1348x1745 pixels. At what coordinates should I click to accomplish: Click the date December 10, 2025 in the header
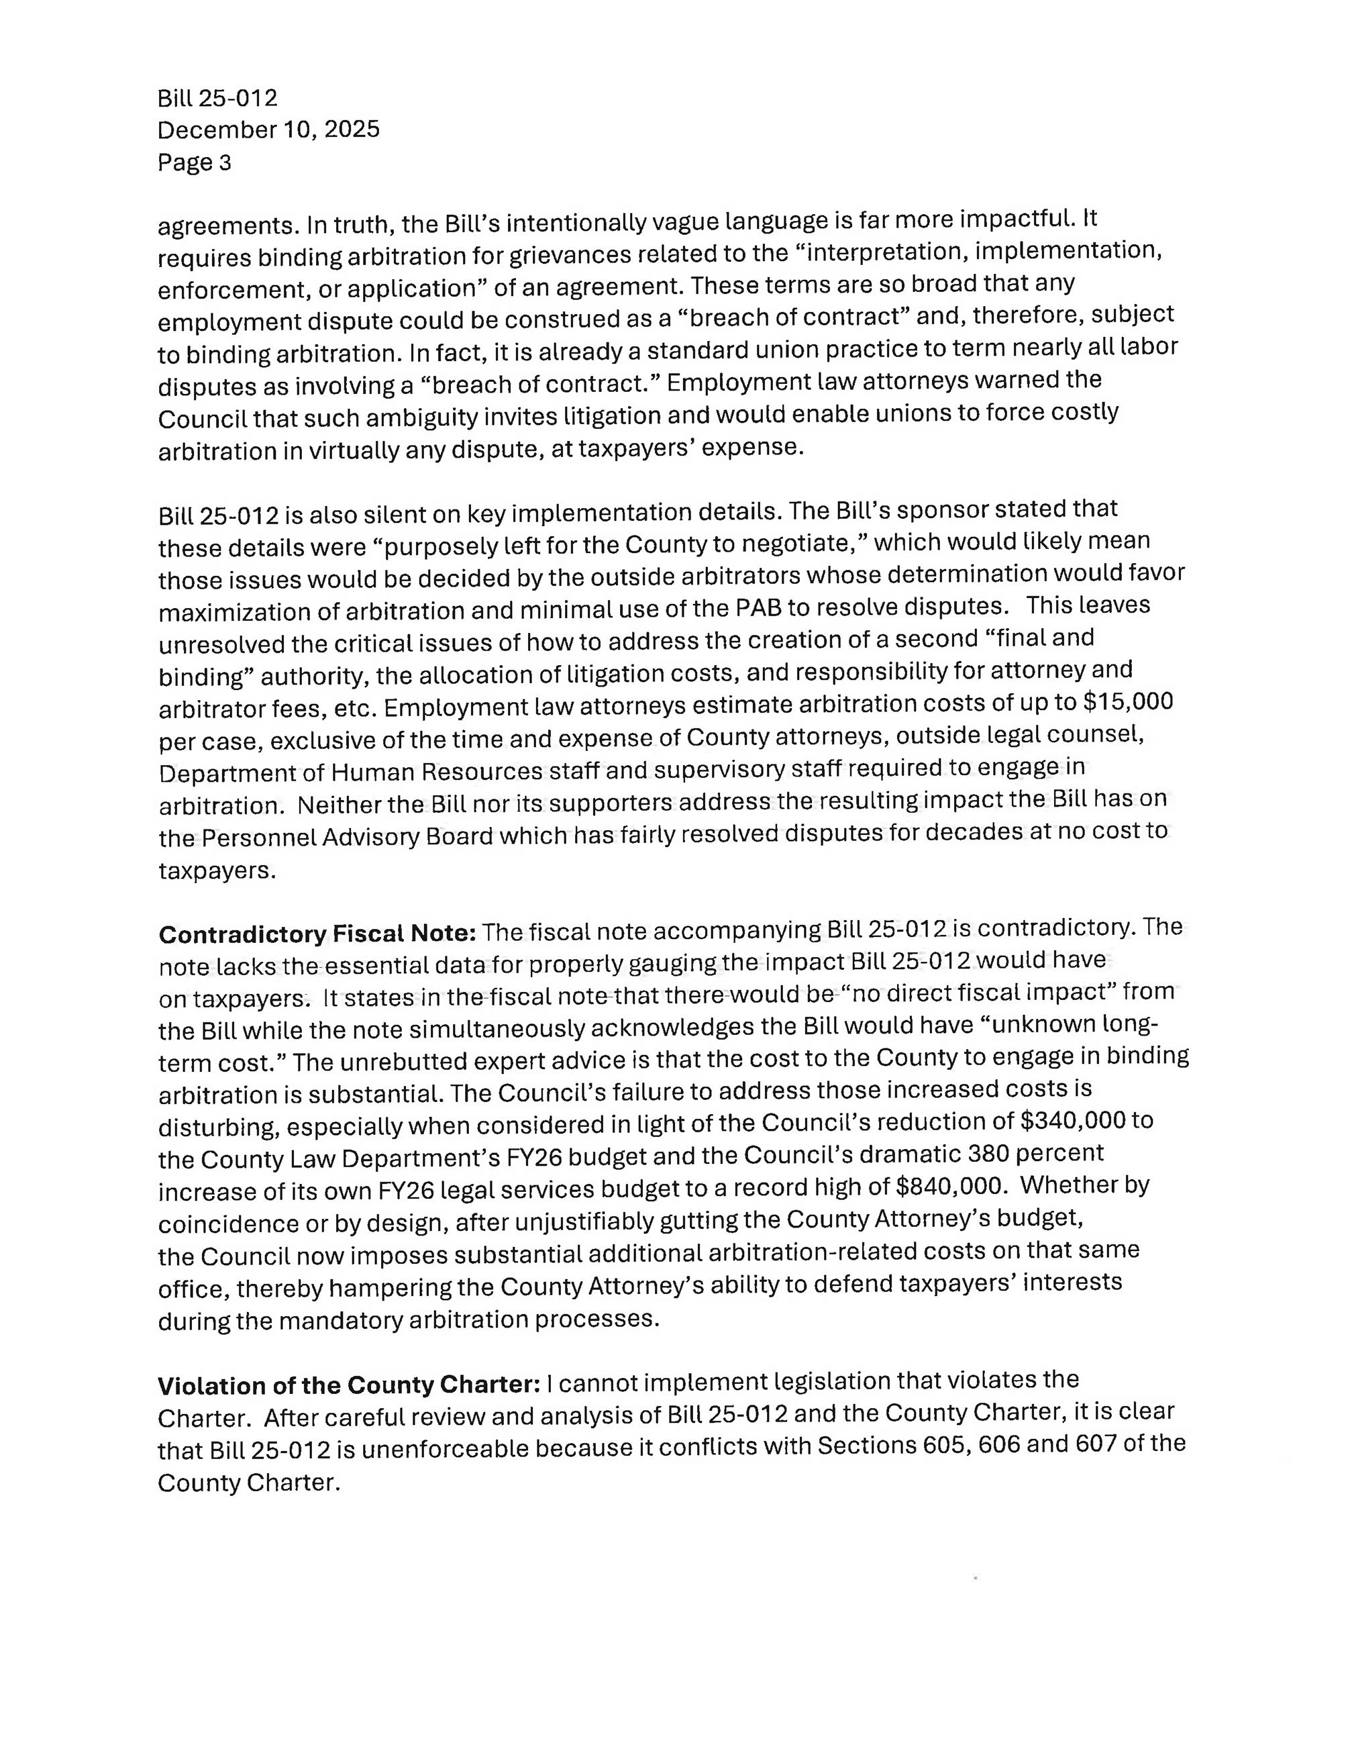(x=268, y=130)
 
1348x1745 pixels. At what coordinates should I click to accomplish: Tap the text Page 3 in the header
(x=194, y=162)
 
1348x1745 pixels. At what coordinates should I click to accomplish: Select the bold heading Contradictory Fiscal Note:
(x=317, y=933)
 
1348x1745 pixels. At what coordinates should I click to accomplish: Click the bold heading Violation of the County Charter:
(x=350, y=1384)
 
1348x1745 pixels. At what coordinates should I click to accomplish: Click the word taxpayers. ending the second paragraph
(x=217, y=870)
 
